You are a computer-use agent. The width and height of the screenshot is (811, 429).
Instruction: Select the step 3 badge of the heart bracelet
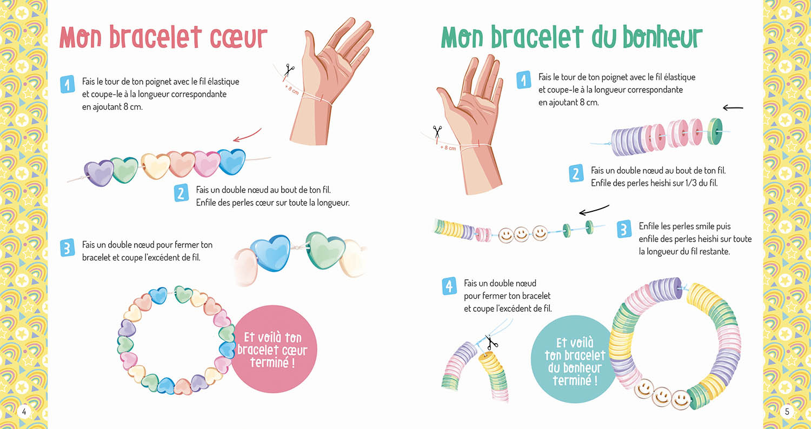(67, 248)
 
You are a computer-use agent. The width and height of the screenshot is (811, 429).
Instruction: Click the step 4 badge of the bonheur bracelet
(449, 286)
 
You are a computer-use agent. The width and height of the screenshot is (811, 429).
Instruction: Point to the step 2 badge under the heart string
(182, 193)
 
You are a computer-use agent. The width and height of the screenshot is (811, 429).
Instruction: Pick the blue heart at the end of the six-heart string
(231, 160)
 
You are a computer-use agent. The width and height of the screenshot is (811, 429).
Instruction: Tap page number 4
(24, 412)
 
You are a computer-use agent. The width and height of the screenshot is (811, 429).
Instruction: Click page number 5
(787, 412)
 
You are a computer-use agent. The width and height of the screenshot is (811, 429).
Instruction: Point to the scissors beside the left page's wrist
(290, 69)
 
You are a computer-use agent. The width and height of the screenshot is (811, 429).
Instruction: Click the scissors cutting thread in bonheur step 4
(491, 343)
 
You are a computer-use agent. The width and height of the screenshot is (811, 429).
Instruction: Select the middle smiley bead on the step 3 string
(522, 234)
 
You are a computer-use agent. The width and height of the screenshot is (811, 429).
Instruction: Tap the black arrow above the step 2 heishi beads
(733, 108)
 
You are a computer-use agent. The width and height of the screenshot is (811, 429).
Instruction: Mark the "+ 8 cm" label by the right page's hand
(448, 148)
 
